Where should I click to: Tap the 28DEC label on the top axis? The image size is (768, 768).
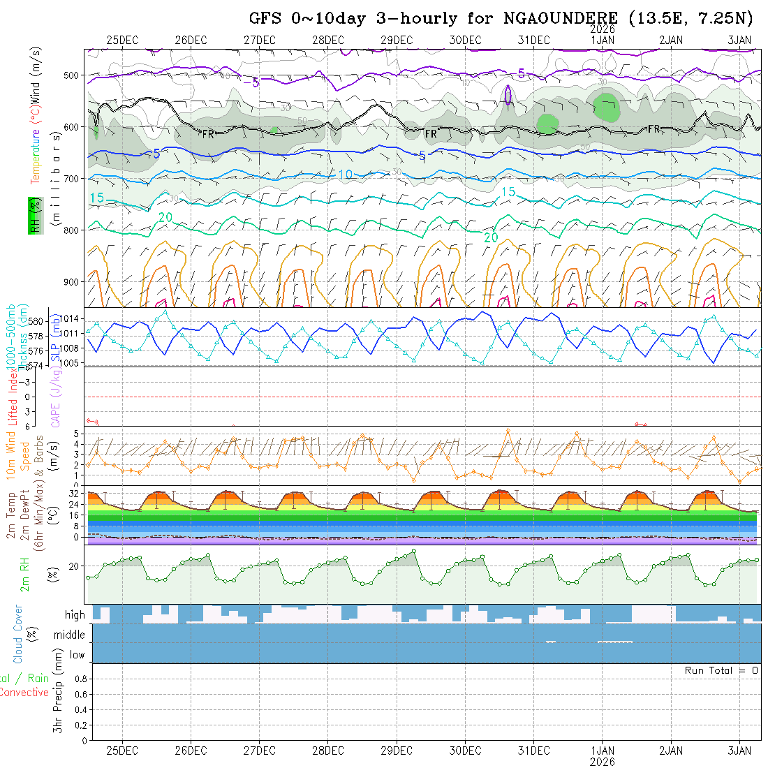pos(328,40)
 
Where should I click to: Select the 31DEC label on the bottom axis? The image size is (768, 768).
pos(534,751)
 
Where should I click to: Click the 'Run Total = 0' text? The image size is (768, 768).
pos(721,670)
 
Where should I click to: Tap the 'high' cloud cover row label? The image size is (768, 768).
pos(75,615)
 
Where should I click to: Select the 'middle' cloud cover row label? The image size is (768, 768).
pos(70,635)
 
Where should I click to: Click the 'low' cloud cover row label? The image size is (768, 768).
pos(77,655)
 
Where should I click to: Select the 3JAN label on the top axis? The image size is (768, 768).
pos(739,40)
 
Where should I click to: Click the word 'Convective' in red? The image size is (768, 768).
pos(24,693)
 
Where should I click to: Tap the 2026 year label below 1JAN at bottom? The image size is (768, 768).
pos(603,761)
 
